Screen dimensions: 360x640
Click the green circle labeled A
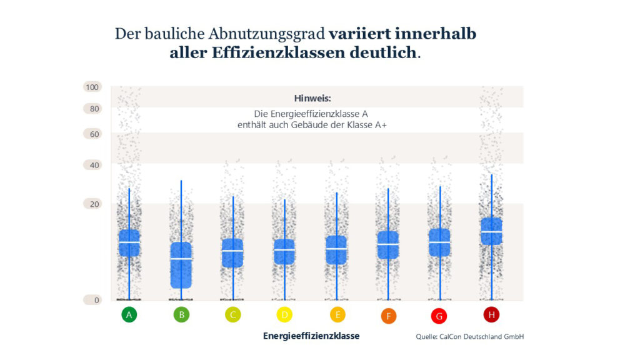click(x=129, y=314)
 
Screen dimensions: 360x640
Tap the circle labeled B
click(x=181, y=314)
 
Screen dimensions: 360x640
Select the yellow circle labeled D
click(x=284, y=314)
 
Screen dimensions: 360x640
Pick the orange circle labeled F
click(x=388, y=316)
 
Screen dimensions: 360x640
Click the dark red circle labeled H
click(x=491, y=314)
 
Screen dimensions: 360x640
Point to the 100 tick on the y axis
click(x=92, y=87)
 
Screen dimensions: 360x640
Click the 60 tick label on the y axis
click(x=92, y=134)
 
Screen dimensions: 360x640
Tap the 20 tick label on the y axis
click(x=92, y=204)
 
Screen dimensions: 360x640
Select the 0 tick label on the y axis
click(x=92, y=300)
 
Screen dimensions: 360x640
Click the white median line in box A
click(x=129, y=242)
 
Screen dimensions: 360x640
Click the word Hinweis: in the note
click(x=312, y=99)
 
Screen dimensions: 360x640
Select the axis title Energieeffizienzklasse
click(x=311, y=336)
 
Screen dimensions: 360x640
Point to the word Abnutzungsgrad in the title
click(x=269, y=33)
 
